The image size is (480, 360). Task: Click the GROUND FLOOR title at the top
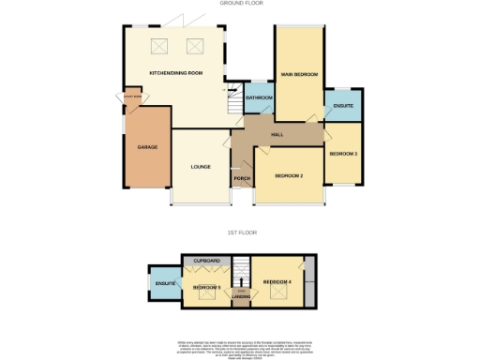pyautogui.click(x=240, y=4)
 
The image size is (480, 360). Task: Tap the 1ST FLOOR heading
pyautogui.click(x=240, y=231)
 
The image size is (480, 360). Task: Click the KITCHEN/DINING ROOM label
pyautogui.click(x=176, y=73)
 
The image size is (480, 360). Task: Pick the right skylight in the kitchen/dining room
pyautogui.click(x=196, y=46)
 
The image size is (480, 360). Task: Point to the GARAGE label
pyautogui.click(x=147, y=147)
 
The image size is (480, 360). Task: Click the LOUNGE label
pyautogui.click(x=200, y=167)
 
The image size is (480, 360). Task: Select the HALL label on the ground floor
pyautogui.click(x=277, y=135)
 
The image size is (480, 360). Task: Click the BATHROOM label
pyautogui.click(x=259, y=98)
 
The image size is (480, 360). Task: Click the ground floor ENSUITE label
pyautogui.click(x=343, y=106)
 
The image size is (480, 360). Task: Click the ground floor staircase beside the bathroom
pyautogui.click(x=234, y=98)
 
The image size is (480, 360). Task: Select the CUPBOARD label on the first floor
pyautogui.click(x=206, y=261)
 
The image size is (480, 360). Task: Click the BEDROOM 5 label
pyautogui.click(x=207, y=287)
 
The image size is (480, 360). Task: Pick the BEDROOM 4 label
pyautogui.click(x=278, y=282)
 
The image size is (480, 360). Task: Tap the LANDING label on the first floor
pyautogui.click(x=242, y=301)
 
